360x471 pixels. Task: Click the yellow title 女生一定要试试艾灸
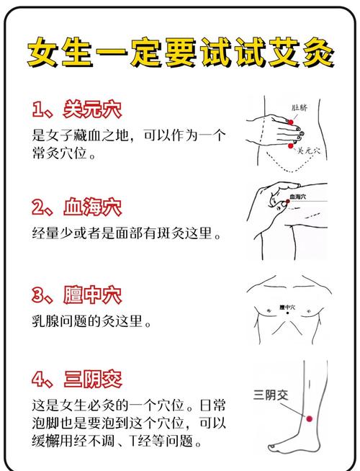click(x=180, y=51)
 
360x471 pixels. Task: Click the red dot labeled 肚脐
click(x=291, y=123)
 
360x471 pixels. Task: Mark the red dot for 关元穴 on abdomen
click(x=290, y=146)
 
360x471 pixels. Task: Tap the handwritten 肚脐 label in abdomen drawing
click(x=300, y=108)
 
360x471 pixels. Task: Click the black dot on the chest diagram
click(x=287, y=310)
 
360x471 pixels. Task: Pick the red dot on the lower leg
click(x=310, y=418)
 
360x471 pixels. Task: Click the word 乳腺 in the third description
click(x=50, y=322)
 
